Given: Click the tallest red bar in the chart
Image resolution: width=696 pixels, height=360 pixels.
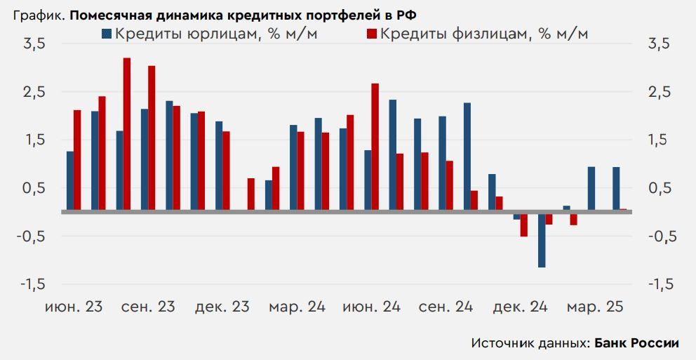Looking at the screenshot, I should [126, 133].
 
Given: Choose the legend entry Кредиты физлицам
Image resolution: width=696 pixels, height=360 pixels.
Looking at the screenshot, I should [484, 34].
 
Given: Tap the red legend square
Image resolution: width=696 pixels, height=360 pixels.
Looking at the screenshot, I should [372, 34].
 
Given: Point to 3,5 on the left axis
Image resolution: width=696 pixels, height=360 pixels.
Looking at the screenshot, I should [34, 44].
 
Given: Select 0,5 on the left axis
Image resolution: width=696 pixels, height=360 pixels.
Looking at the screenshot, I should [34, 188].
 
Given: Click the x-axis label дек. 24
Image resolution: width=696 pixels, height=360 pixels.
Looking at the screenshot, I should [521, 307].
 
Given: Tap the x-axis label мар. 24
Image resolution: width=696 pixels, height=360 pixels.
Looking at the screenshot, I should [297, 307].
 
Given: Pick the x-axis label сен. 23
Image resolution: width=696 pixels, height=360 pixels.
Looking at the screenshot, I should [148, 307].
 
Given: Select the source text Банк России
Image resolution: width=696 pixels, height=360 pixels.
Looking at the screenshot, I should [637, 343].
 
